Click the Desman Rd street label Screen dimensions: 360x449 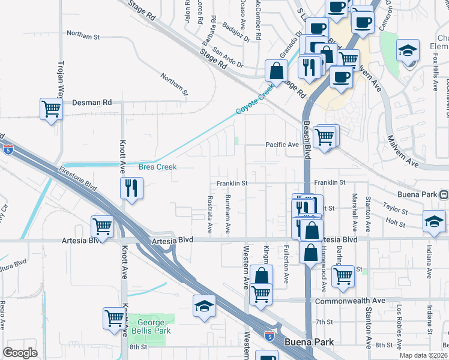click(x=92, y=103)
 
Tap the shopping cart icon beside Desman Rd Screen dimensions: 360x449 click(x=52, y=109)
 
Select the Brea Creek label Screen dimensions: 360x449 click(x=158, y=167)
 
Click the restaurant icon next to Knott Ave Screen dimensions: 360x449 click(x=131, y=188)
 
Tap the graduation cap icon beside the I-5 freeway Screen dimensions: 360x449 click(x=204, y=306)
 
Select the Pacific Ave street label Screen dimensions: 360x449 click(x=282, y=145)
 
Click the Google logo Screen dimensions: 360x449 click(x=20, y=353)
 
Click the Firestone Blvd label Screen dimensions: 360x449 click(x=78, y=178)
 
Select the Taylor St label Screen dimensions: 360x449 click(x=395, y=212)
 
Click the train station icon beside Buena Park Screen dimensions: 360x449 click(x=443, y=194)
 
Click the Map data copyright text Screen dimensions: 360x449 click(x=423, y=355)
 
